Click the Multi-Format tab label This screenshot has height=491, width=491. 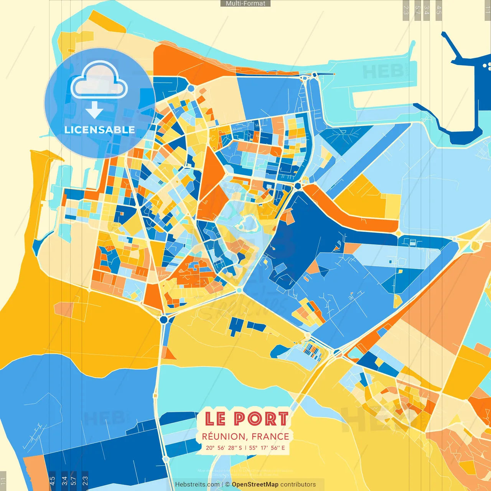tap(245, 3)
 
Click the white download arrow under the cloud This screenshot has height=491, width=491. tap(94, 110)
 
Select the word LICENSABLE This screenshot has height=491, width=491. tap(100, 130)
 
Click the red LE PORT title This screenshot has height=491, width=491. tap(246, 419)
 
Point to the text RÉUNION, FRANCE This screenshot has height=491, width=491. tap(245, 437)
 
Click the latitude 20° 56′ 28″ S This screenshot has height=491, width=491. tap(224, 448)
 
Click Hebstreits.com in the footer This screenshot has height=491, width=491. tap(197, 484)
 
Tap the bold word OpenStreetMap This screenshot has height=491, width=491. tap(255, 484)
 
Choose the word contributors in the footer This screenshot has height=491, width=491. tap(298, 484)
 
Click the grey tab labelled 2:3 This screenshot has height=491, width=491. tap(406, 10)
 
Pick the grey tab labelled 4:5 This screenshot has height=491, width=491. tap(439, 10)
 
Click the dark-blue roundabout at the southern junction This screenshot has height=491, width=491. tap(164, 319)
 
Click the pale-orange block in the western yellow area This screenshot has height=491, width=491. tap(64, 309)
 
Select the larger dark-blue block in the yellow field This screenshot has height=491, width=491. tap(236, 326)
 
